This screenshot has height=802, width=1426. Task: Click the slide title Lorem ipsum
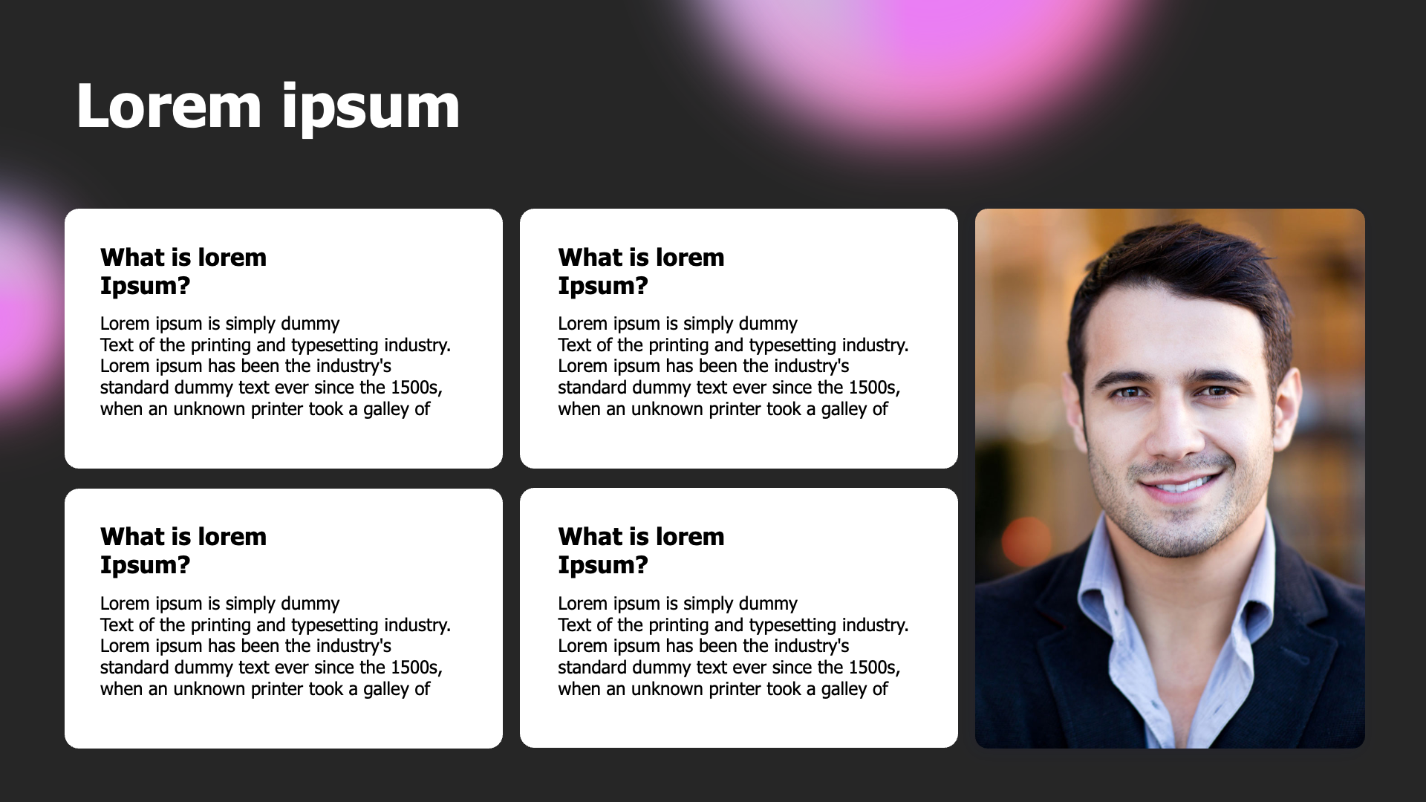[x=268, y=108]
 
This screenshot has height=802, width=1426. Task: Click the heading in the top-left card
[x=183, y=271]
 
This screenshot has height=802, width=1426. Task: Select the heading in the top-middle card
[x=641, y=271]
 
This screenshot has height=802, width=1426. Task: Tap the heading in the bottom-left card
[x=183, y=550]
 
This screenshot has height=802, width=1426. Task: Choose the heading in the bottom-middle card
[x=641, y=550]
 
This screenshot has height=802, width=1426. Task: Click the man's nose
[x=1173, y=427]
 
